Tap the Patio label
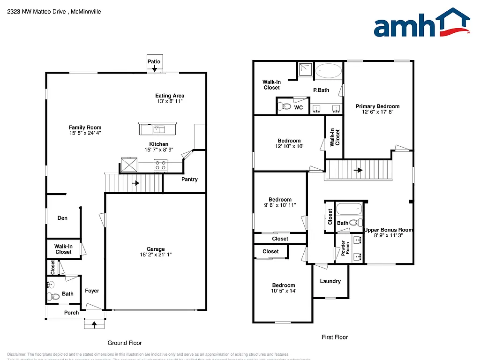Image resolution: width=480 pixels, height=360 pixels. pyautogui.click(x=154, y=61)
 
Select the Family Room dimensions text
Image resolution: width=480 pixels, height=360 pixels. pyautogui.click(x=85, y=133)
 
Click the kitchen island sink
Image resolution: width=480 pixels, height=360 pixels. pyautogui.click(x=158, y=128)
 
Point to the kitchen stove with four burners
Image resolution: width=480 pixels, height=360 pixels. pyautogui.click(x=160, y=165)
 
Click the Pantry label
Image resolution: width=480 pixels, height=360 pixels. pyautogui.click(x=189, y=180)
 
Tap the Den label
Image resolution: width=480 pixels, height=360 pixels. pyautogui.click(x=62, y=218)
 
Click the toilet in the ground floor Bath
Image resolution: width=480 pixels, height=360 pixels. pyautogui.click(x=54, y=296)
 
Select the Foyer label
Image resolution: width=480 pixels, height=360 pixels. pyautogui.click(x=92, y=291)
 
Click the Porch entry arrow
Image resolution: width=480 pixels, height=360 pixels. pyautogui.click(x=95, y=323)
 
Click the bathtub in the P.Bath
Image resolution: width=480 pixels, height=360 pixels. pyautogui.click(x=329, y=71)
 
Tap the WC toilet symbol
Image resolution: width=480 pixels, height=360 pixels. pyautogui.click(x=284, y=106)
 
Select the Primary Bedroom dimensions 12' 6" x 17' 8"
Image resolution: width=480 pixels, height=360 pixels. pyautogui.click(x=377, y=112)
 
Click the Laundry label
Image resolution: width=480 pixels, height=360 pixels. pyautogui.click(x=330, y=281)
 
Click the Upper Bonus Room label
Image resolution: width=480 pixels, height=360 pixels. pyautogui.click(x=388, y=230)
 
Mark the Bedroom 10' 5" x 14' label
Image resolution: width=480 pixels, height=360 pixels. pyautogui.click(x=284, y=285)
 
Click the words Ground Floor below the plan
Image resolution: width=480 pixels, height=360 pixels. pyautogui.click(x=125, y=343)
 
